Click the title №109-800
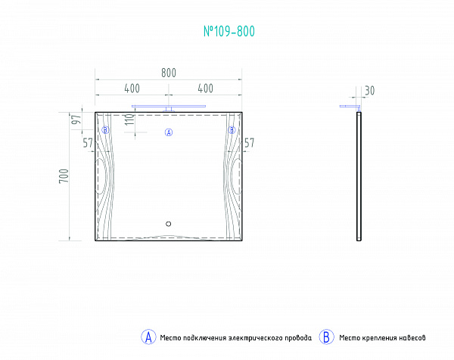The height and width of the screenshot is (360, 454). pyautogui.click(x=229, y=31)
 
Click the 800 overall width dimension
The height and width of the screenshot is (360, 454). pyautogui.click(x=169, y=73)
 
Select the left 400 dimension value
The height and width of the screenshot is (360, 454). pyautogui.click(x=132, y=88)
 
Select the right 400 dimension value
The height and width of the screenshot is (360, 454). pyautogui.click(x=206, y=88)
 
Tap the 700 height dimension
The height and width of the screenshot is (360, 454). pyautogui.click(x=64, y=175)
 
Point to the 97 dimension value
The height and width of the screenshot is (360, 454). pyautogui.click(x=76, y=119)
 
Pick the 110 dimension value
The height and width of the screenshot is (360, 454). pyautogui.click(x=130, y=119)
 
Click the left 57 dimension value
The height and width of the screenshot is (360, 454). pyautogui.click(x=88, y=143)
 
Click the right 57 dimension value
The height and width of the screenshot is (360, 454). pyautogui.click(x=249, y=143)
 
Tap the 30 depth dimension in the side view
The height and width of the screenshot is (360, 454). pyautogui.click(x=369, y=91)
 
